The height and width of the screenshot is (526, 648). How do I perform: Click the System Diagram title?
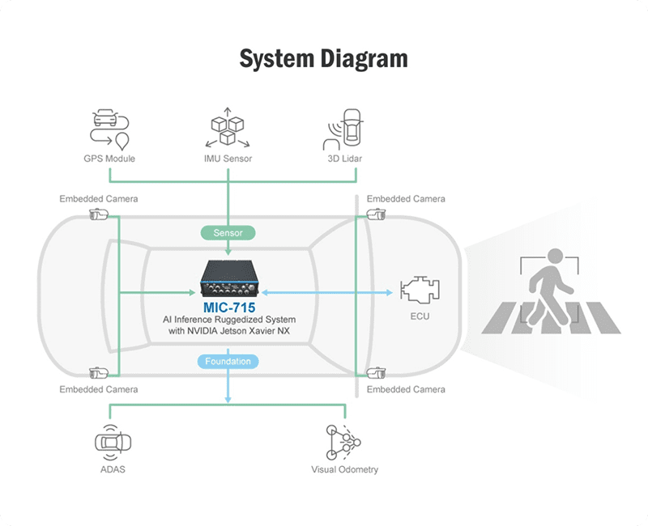coord(324,59)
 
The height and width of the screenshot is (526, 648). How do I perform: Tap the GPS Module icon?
coord(108,129)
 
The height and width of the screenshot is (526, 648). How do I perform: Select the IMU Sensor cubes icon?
coord(228,129)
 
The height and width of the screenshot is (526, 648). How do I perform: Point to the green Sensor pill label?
coord(228,233)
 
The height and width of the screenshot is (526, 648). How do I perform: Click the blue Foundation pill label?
coord(228,361)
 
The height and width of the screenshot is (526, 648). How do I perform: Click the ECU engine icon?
coord(420,289)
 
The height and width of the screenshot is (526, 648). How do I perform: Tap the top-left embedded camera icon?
coord(98,214)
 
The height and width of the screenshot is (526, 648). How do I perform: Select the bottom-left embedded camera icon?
coord(98,373)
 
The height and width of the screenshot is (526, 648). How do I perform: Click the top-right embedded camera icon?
coord(376,214)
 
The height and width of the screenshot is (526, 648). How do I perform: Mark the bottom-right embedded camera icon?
coord(376,373)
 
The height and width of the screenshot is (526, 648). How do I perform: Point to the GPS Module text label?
coord(108,159)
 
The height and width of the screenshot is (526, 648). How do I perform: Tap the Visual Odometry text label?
coord(344,469)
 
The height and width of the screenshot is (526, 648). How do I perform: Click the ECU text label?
coord(420,316)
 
